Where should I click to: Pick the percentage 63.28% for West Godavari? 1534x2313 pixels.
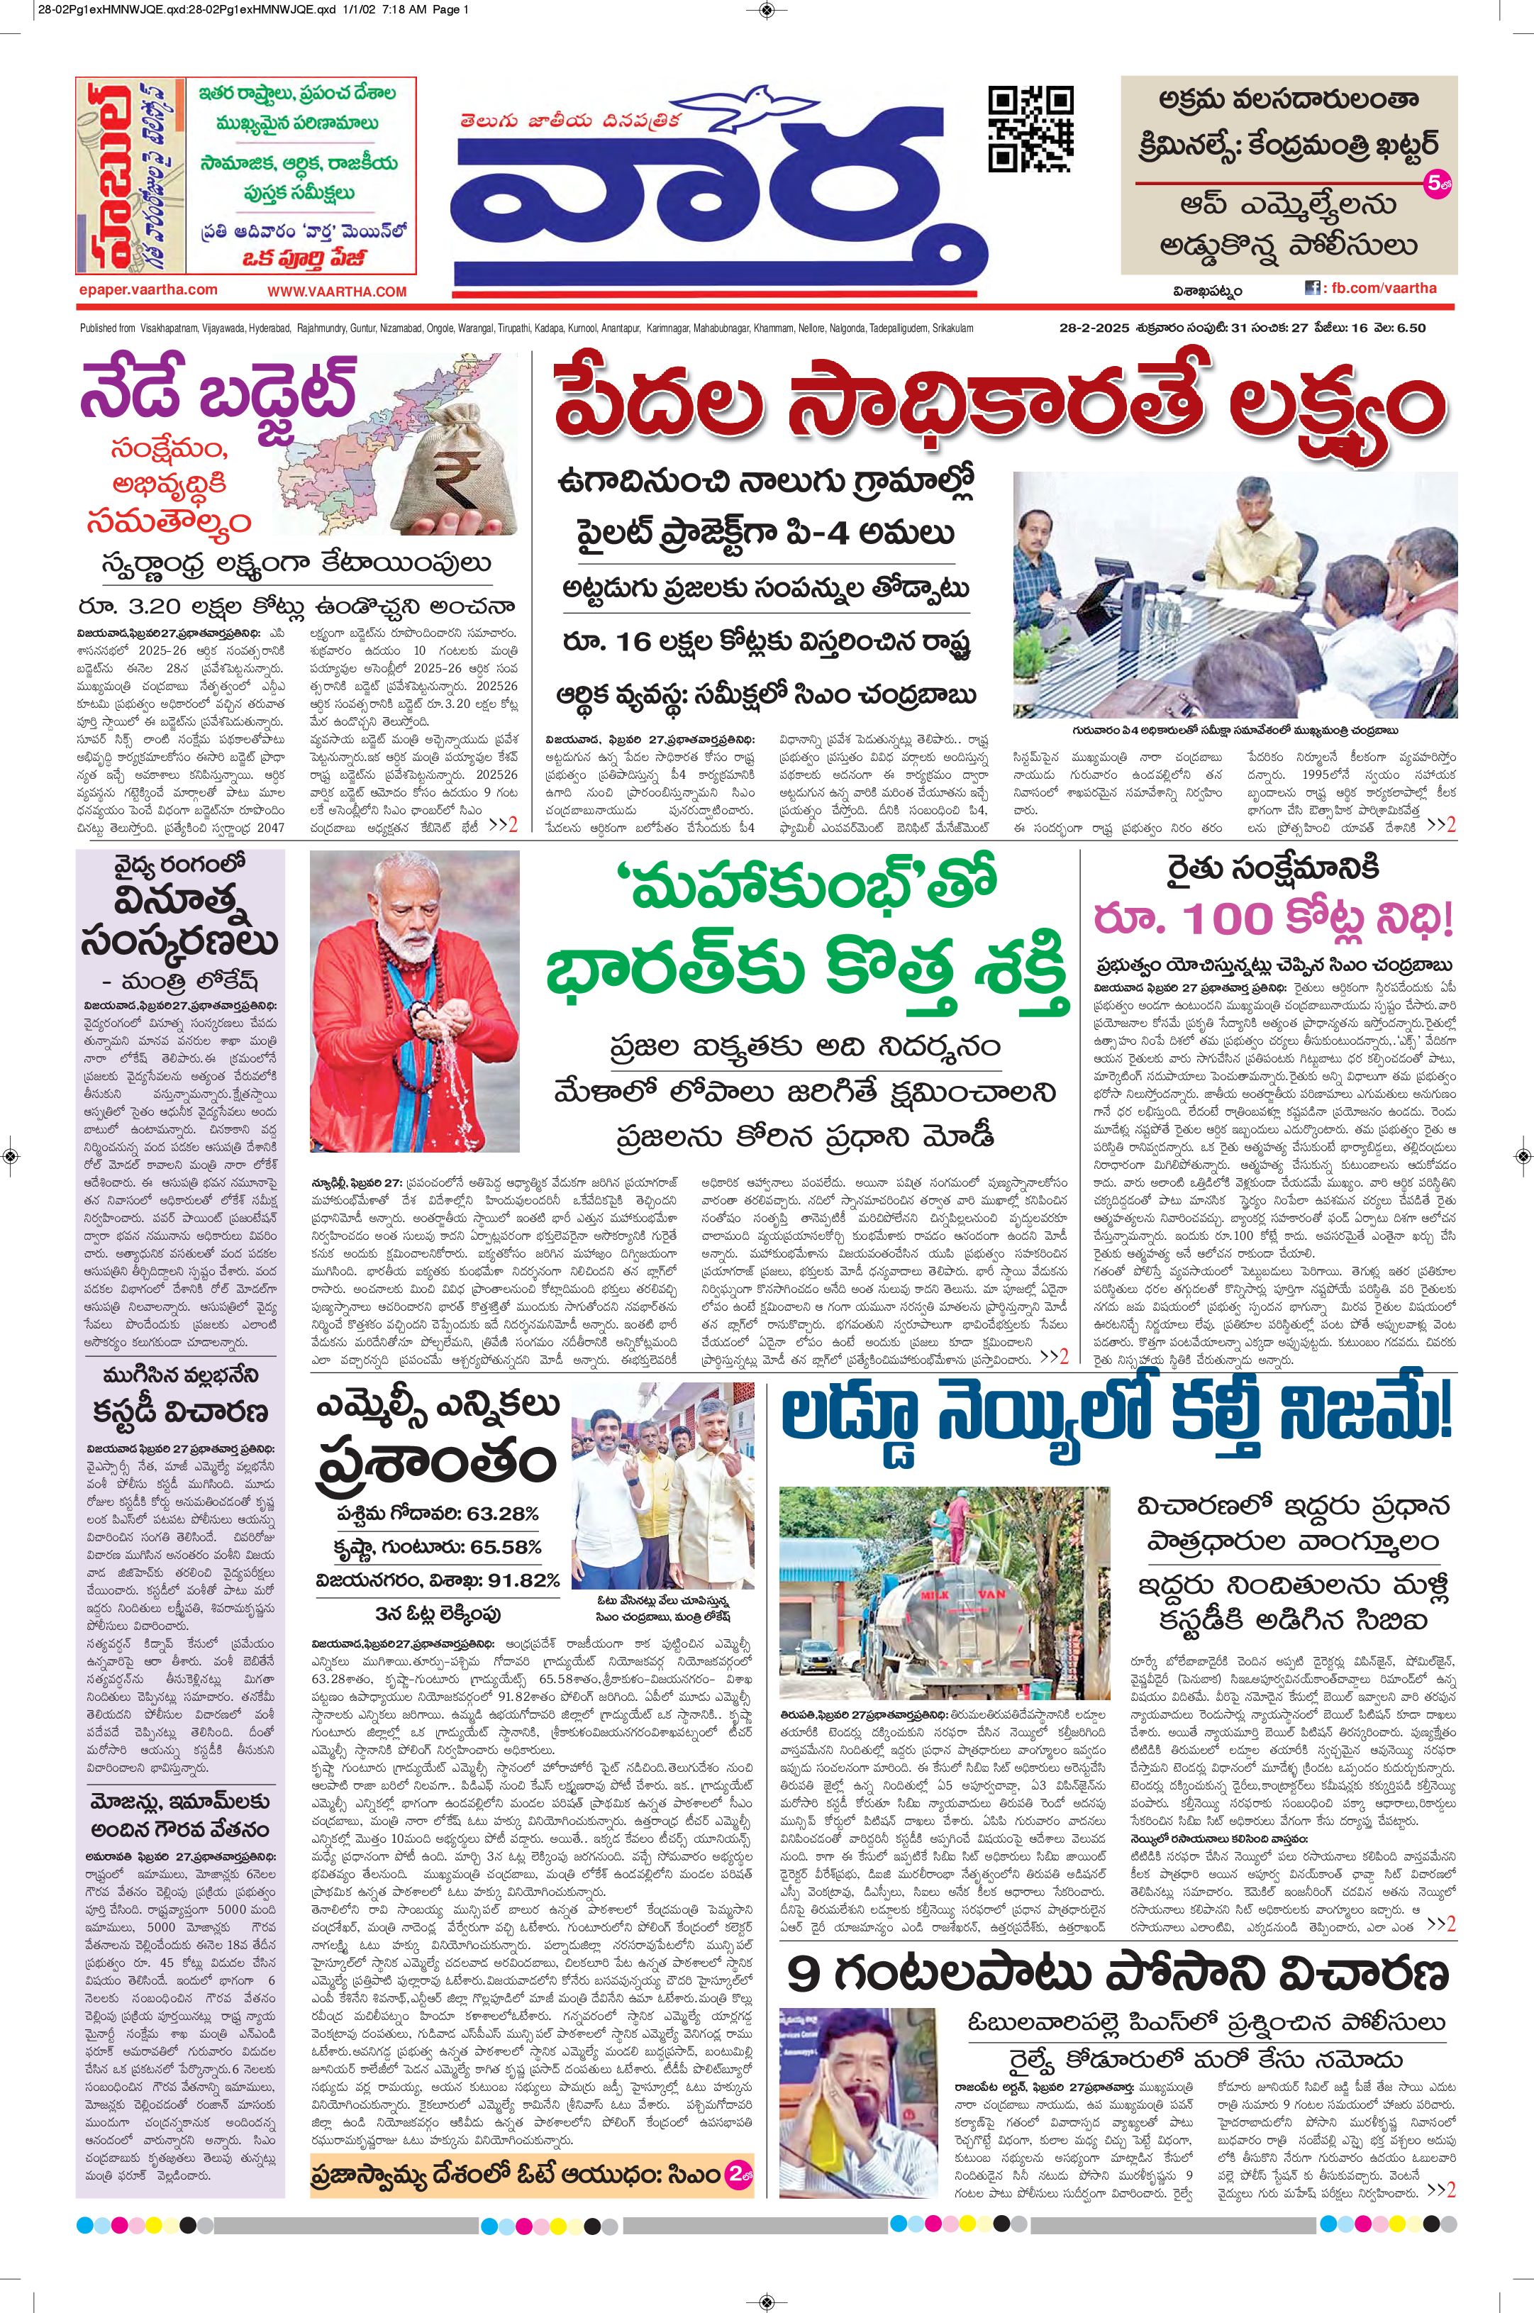pyautogui.click(x=502, y=1514)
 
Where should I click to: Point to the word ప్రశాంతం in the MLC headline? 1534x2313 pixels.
pyautogui.click(x=436, y=1465)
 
